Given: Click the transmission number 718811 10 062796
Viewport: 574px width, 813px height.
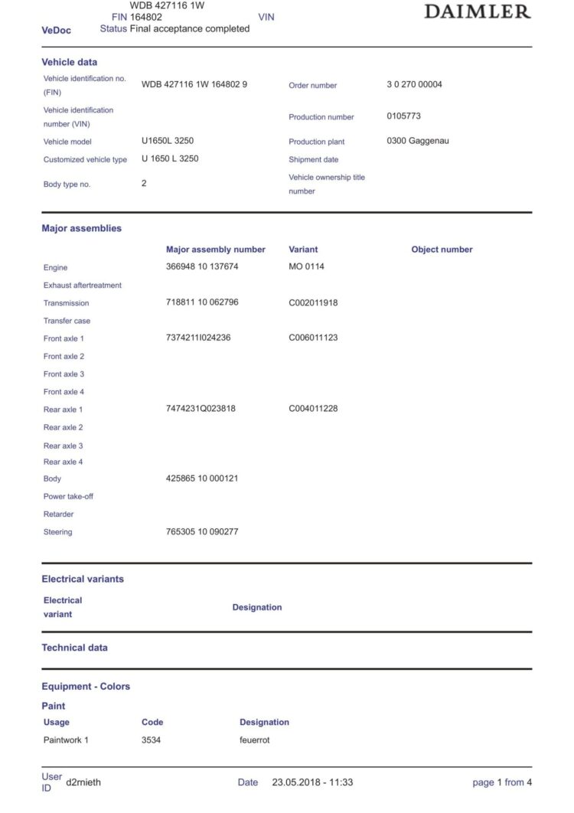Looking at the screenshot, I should pos(202,302).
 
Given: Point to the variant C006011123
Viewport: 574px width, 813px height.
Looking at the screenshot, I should pos(313,338).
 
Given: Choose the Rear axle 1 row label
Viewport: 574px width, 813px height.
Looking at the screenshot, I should pos(63,410).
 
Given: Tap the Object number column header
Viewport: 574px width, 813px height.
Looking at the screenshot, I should pos(442,250).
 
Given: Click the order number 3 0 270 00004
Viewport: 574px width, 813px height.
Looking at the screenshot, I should pos(414,84).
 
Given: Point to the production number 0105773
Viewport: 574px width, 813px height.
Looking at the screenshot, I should pos(403,116).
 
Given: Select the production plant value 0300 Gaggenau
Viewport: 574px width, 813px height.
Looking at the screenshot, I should pos(418,141).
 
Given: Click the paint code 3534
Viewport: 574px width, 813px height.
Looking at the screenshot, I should pos(151,740).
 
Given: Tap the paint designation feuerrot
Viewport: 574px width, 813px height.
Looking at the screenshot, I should pos(254,740).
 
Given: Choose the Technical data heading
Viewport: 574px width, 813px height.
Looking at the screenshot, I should pos(74,648).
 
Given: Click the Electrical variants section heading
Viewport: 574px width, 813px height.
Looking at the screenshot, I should pos(82,580).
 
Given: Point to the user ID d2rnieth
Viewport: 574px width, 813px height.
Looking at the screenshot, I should pos(83,782).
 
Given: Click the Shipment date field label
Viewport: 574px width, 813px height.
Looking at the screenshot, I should pos(313,159).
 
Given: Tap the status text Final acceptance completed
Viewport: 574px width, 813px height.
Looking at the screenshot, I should pos(190,28).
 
